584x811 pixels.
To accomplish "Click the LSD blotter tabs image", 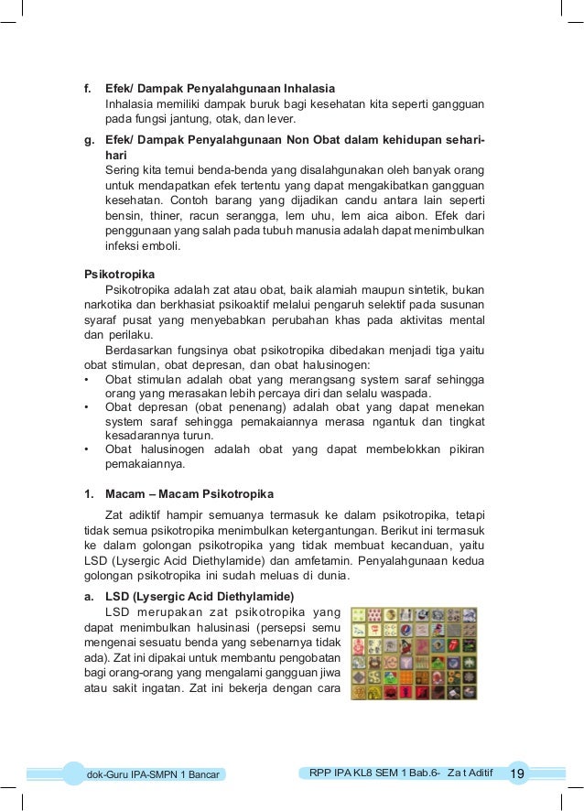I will point(415,653).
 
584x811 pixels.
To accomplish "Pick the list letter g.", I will point(88,140).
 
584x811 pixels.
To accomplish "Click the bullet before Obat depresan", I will point(86,406).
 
